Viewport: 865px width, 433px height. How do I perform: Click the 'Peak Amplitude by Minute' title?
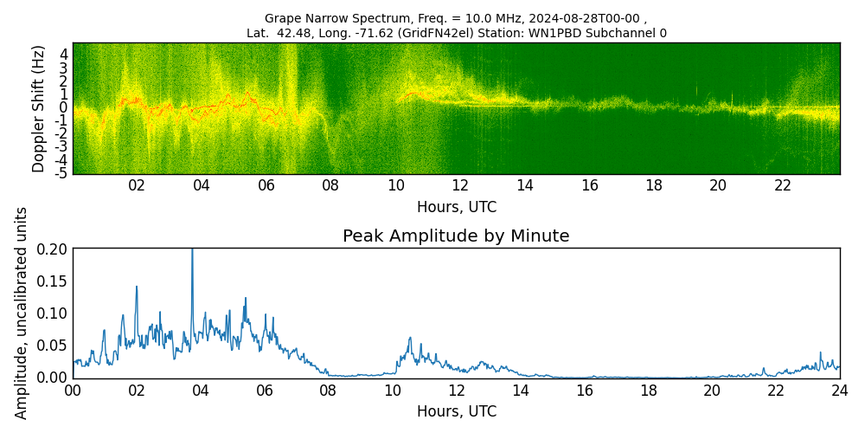tap(456, 236)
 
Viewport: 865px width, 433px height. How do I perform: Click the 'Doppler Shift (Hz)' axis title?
tap(39, 108)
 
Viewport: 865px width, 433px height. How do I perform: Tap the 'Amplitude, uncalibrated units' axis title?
tap(22, 313)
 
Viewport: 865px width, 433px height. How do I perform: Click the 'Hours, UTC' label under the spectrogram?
tap(456, 208)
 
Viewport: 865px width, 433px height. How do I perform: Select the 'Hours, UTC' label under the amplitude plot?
tap(456, 411)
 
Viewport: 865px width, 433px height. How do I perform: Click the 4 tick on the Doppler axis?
tap(63, 54)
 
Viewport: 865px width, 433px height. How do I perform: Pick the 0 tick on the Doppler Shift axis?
tap(63, 107)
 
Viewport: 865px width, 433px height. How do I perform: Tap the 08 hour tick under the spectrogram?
tap(330, 185)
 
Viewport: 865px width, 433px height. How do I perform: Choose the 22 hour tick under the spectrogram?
tap(783, 185)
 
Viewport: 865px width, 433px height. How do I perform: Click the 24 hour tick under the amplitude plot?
tap(839, 390)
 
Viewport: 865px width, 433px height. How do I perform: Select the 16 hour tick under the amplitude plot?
tap(584, 390)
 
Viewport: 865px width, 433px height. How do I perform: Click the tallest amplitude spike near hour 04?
tap(192, 251)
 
